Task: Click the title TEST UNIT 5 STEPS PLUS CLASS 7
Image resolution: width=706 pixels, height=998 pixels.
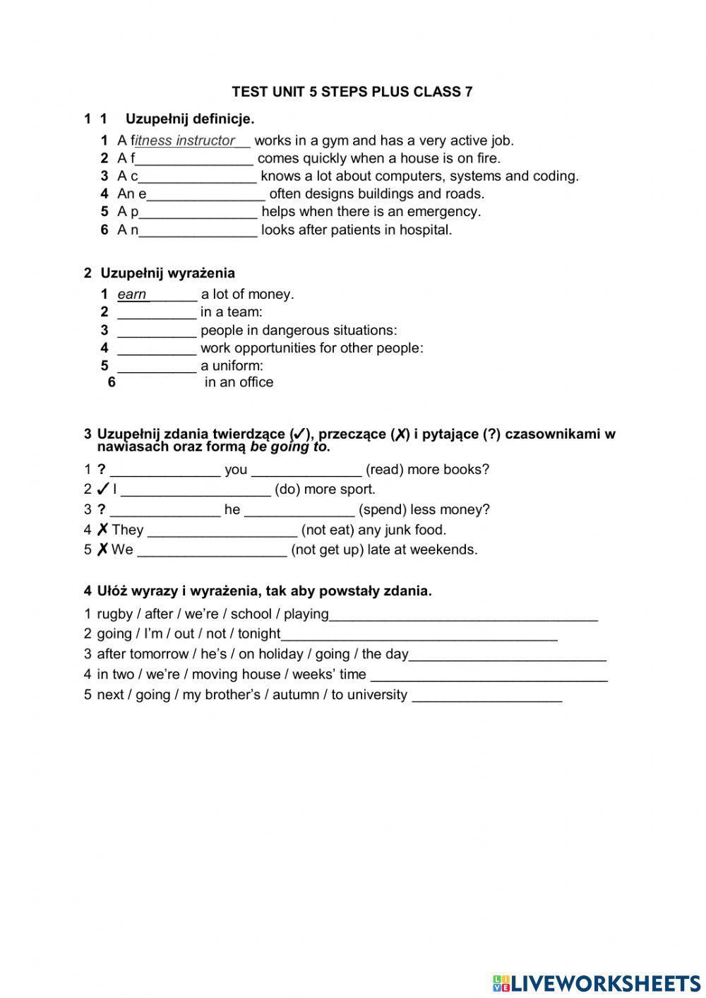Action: click(x=352, y=92)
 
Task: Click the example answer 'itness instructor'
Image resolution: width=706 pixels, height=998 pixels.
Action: click(x=185, y=141)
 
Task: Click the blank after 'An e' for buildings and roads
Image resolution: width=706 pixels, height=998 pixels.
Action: click(x=206, y=194)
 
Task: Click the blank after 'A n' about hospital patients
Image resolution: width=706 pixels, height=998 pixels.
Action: click(x=198, y=230)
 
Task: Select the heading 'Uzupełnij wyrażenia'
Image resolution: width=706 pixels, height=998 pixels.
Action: click(x=167, y=273)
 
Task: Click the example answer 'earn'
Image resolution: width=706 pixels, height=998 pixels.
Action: click(x=132, y=295)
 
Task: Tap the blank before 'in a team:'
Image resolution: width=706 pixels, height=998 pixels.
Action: click(x=156, y=313)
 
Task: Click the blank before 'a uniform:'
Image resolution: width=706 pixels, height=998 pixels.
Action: click(x=156, y=367)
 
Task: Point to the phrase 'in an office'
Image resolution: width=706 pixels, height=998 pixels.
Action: click(x=239, y=382)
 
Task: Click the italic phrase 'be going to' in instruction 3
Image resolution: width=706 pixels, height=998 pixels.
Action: click(x=289, y=447)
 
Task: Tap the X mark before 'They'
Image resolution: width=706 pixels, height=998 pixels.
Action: click(x=102, y=530)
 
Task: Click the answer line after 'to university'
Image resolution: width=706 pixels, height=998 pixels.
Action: click(x=486, y=696)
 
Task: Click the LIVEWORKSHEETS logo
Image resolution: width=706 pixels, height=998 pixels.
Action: click(x=596, y=982)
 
